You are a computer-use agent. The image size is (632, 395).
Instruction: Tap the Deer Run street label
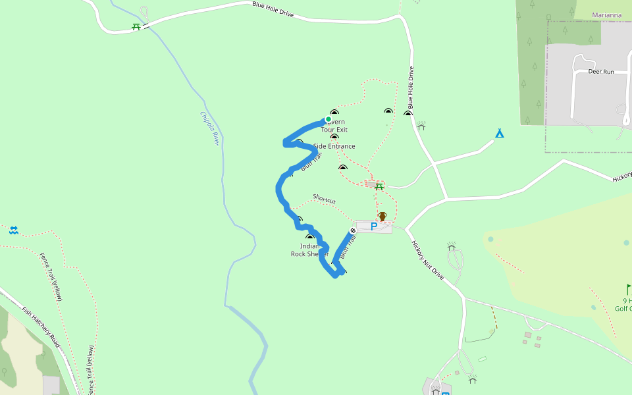600,71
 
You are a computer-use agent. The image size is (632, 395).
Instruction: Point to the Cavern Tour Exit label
334,126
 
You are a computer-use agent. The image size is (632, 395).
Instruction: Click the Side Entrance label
334,146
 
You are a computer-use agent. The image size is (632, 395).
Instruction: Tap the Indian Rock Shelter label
309,250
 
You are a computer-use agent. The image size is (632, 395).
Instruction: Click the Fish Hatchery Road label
41,327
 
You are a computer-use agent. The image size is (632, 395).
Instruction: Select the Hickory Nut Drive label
429,261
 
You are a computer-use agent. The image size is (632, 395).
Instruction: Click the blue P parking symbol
373,226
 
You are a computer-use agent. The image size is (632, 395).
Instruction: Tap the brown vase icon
382,216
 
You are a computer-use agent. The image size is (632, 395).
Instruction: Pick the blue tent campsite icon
499,134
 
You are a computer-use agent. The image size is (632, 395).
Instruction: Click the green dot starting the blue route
328,119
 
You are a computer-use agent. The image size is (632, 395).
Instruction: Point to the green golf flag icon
628,289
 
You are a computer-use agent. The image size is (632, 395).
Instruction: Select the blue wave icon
13,230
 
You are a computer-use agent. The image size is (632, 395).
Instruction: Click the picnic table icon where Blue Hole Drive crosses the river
136,27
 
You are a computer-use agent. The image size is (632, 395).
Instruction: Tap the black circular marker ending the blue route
353,230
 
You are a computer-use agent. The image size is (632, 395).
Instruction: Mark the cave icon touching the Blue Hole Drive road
408,114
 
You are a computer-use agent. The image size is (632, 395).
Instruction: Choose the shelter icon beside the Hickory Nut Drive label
452,246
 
